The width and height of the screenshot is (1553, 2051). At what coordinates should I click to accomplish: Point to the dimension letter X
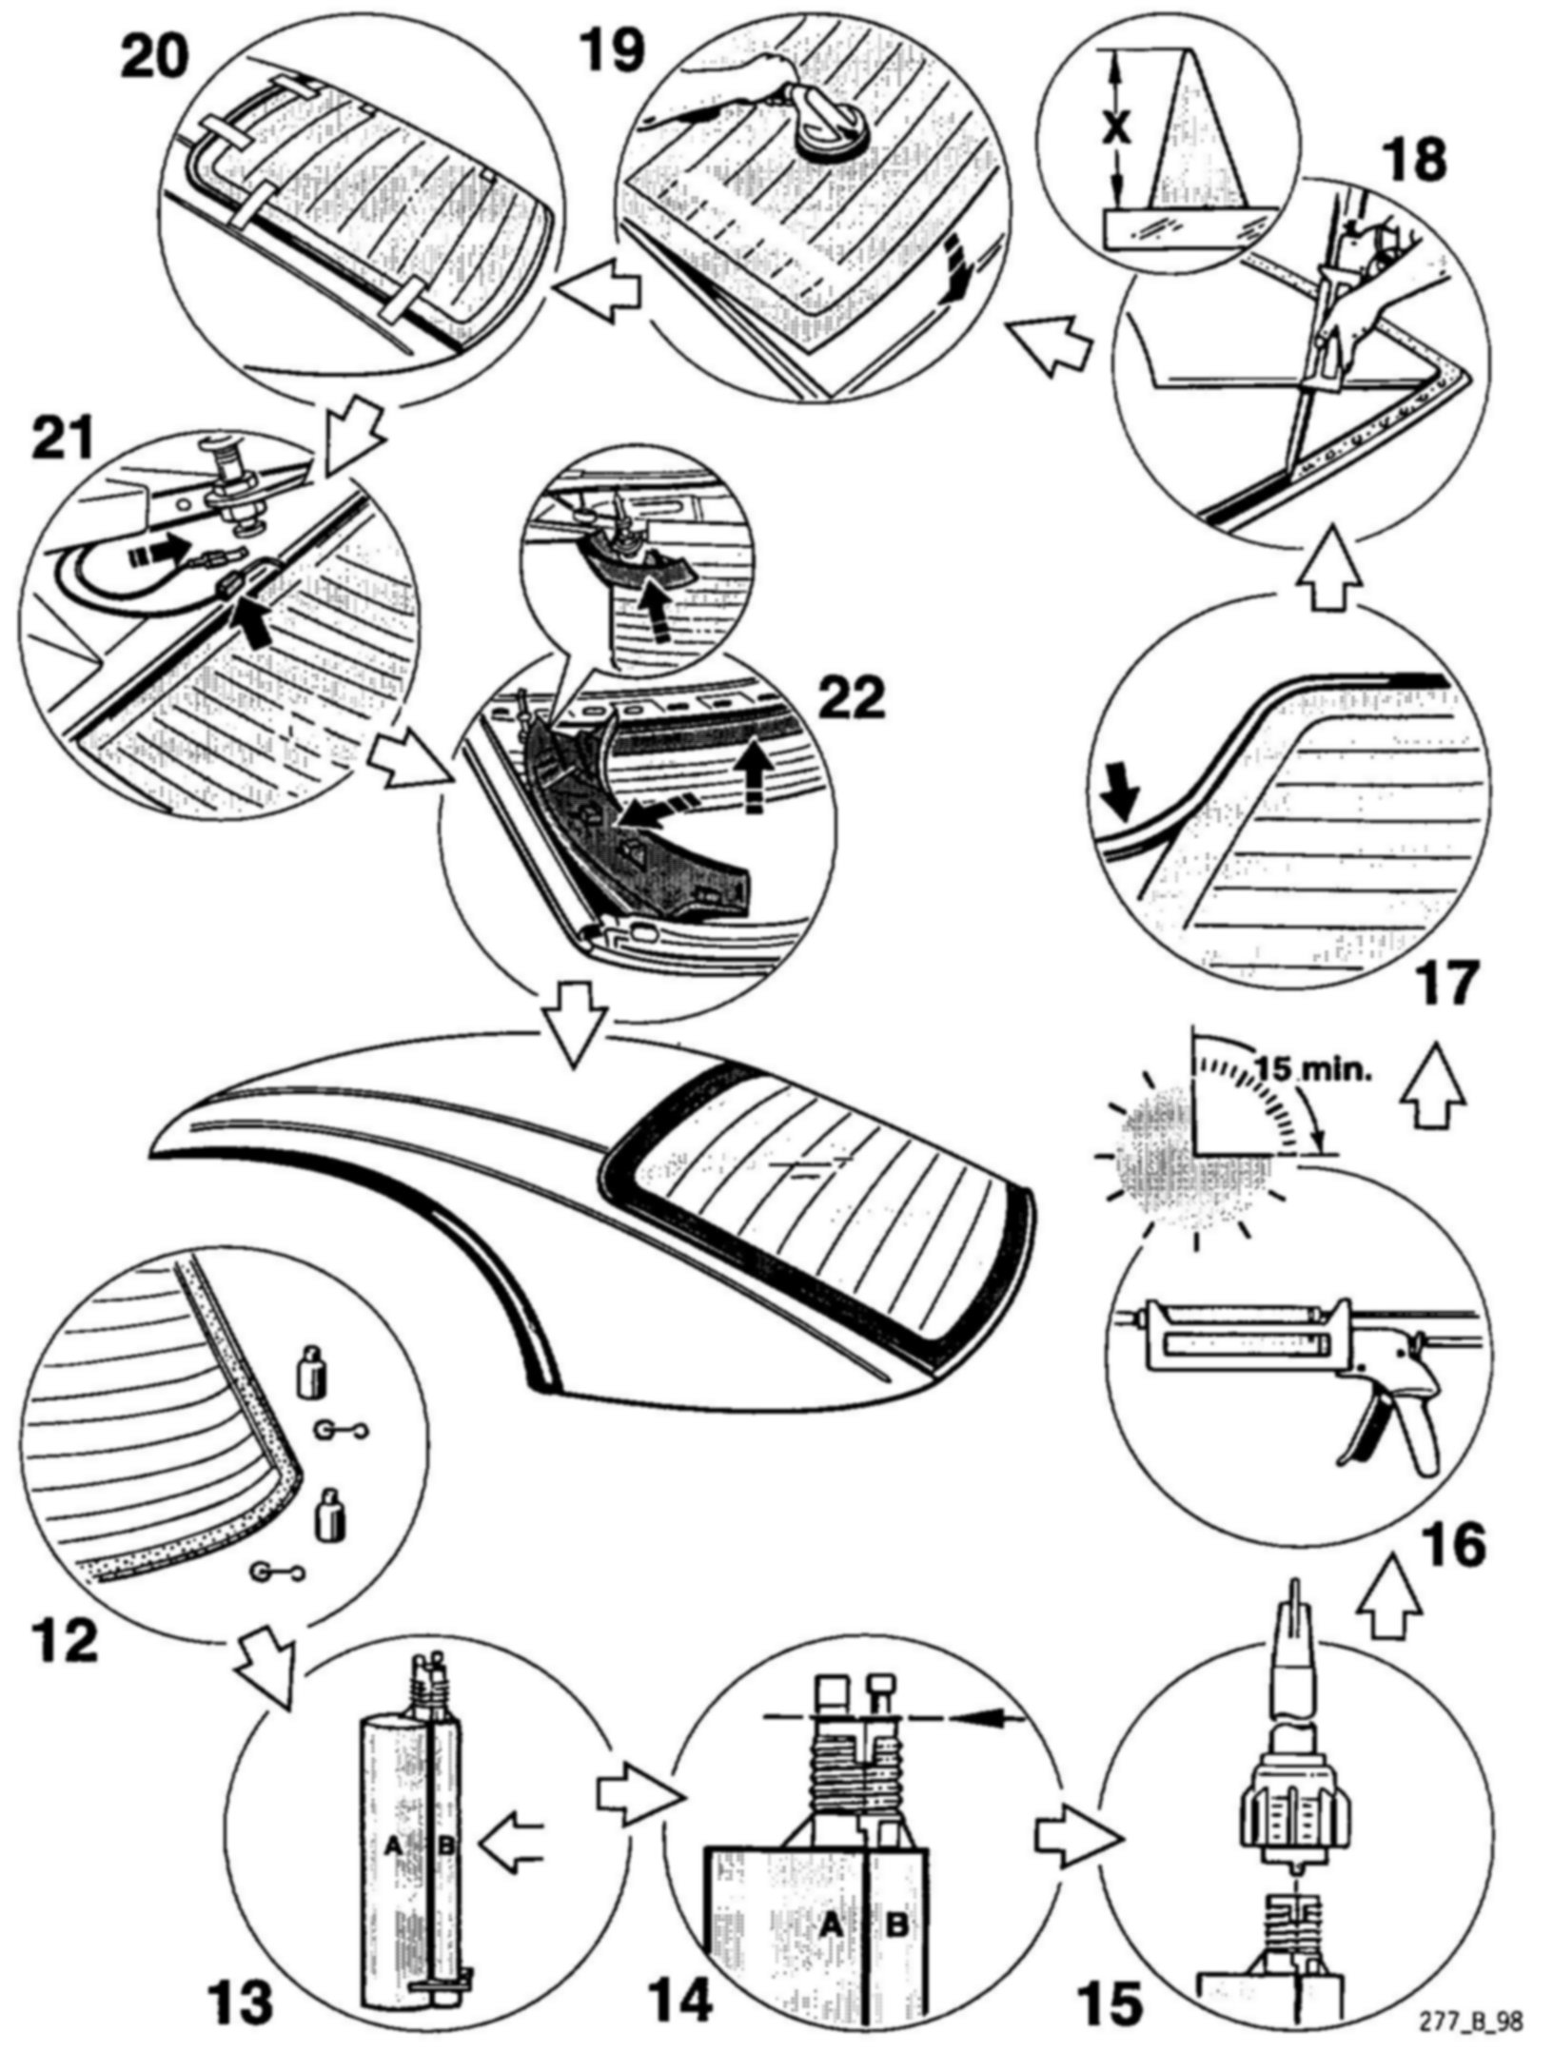coord(1117,129)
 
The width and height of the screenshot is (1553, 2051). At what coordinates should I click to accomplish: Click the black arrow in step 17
coord(1118,795)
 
